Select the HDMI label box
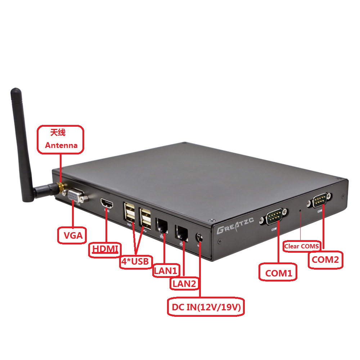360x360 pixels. pyautogui.click(x=104, y=249)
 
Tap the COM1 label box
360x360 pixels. pyautogui.click(x=278, y=273)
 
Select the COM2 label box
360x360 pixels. pyautogui.click(x=325, y=260)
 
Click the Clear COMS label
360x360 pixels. pyautogui.click(x=302, y=246)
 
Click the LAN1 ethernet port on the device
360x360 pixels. pyautogui.click(x=162, y=226)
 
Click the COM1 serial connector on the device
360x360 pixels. pyautogui.click(x=275, y=217)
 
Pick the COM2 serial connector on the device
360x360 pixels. pyautogui.click(x=319, y=201)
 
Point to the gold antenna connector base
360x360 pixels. pyautogui.click(x=60, y=188)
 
